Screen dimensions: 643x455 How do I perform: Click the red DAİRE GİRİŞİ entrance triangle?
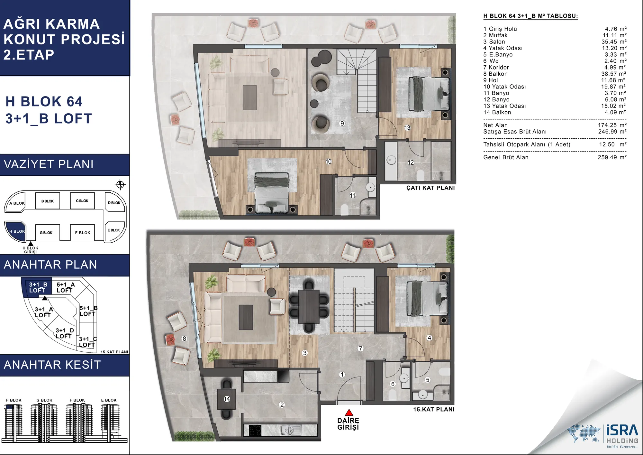[349, 413]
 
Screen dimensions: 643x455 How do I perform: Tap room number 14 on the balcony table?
[227, 399]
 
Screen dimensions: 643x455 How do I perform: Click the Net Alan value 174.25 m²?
[612, 125]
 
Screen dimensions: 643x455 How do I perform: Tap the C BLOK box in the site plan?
[82, 201]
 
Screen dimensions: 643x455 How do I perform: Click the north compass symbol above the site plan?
[120, 185]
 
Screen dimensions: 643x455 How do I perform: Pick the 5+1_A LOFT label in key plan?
[66, 287]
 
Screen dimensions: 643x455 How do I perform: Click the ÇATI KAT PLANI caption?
[430, 188]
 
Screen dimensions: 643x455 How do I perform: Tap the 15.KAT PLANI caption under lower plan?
[434, 409]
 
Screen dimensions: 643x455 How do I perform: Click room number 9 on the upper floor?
[342, 123]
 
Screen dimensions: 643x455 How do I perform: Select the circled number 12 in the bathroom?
[411, 162]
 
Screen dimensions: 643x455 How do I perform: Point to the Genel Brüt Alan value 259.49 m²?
[612, 157]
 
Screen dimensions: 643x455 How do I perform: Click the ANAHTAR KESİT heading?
[52, 365]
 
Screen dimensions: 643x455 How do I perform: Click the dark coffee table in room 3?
[246, 317]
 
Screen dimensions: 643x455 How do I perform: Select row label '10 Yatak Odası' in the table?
[504, 87]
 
